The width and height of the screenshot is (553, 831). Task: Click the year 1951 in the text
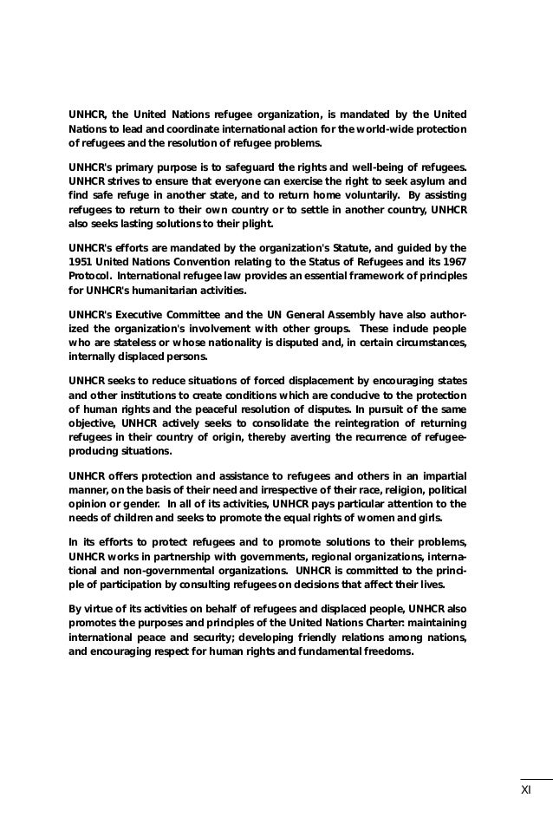click(x=81, y=261)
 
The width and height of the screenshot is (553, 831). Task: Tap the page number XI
click(x=526, y=790)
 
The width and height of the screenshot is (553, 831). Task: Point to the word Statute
click(x=330, y=246)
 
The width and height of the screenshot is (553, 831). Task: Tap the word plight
click(x=255, y=225)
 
